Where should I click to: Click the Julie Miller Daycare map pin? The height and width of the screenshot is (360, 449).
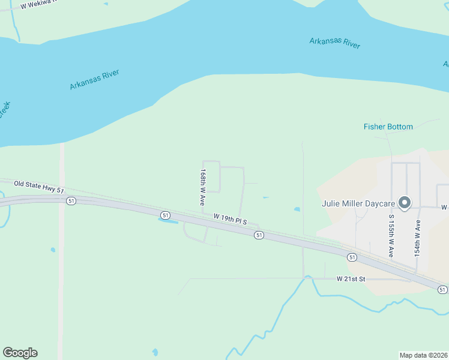(x=405, y=203)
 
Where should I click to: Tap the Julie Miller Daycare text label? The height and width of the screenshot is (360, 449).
(x=360, y=203)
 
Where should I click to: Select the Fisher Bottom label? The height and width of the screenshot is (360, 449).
(x=388, y=127)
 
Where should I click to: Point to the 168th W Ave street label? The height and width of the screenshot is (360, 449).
(x=203, y=187)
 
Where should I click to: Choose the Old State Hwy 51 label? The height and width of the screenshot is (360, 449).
(x=39, y=187)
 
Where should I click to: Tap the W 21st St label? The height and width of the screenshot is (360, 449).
(x=351, y=279)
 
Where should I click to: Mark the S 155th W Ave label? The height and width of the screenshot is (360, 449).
(x=390, y=236)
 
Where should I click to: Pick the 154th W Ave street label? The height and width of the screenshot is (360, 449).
(x=418, y=238)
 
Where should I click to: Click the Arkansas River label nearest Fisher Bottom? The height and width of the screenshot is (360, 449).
(x=335, y=43)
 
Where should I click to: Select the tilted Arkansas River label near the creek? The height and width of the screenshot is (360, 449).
(x=94, y=80)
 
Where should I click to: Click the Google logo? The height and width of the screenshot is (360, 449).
(x=20, y=353)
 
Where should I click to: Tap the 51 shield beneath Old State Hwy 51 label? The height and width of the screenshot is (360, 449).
(x=71, y=201)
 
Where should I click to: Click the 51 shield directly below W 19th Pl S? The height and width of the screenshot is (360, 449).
(x=259, y=235)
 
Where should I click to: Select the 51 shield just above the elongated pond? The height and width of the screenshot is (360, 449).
(x=166, y=214)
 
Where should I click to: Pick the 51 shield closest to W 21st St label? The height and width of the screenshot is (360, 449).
(x=352, y=257)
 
